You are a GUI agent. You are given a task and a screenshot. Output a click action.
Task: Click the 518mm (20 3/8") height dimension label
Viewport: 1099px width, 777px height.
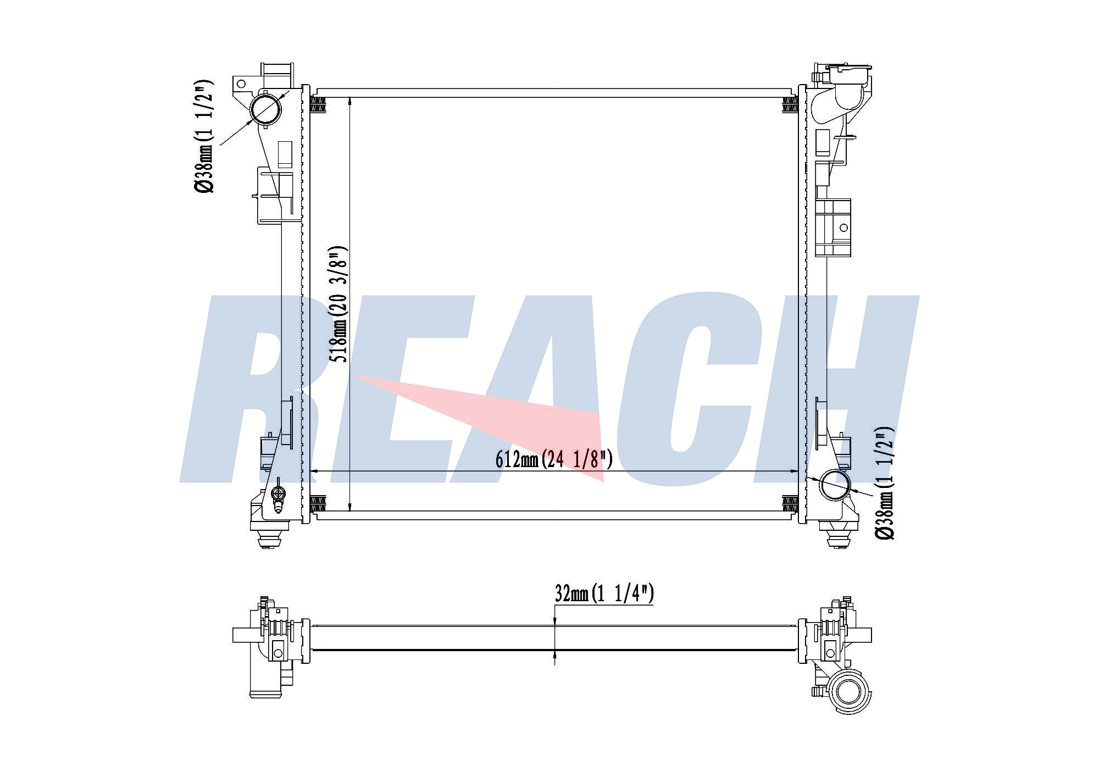coord(338,304)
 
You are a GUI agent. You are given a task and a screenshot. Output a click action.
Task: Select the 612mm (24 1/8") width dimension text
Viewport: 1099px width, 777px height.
coord(554,459)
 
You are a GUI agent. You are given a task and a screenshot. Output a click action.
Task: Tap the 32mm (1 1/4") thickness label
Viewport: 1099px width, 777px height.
coord(604,593)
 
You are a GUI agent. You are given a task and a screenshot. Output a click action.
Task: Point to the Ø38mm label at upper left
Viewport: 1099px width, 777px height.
coord(203,137)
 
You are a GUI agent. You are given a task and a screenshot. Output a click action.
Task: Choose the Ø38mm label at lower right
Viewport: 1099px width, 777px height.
coord(885,483)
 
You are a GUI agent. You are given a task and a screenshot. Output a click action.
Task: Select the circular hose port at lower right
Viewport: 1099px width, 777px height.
coord(834,485)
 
